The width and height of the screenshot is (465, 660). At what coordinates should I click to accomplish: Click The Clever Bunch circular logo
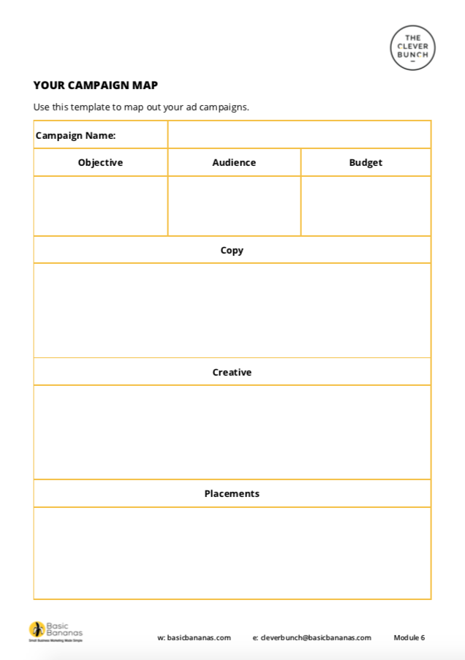coord(412,48)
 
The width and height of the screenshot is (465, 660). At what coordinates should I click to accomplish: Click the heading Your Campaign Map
coord(95,85)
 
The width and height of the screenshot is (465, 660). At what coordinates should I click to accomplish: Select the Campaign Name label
coord(75,135)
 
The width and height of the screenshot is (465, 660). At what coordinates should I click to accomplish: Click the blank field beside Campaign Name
coord(299,135)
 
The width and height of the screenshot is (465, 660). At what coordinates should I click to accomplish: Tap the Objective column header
coord(100,162)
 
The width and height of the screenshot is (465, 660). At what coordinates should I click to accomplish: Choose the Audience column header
coord(234,162)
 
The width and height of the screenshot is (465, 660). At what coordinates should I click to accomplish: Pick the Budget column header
coord(366,162)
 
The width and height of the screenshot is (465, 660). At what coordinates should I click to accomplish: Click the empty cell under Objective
coord(100,206)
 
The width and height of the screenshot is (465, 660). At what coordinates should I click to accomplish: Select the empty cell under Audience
coord(234,206)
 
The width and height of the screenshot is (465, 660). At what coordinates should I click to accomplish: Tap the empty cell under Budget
coord(366,206)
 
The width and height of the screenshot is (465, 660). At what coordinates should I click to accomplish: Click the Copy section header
coord(232,250)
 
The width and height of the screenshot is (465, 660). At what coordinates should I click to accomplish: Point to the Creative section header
coord(232,372)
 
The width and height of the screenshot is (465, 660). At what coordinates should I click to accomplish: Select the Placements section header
coord(232,493)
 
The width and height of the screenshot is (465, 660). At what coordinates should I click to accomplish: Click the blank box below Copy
coord(232,311)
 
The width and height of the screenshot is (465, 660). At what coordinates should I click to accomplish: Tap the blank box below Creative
coord(232,432)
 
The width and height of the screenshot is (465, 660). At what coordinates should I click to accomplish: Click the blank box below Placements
coord(232,553)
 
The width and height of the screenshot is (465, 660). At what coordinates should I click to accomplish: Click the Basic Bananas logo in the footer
coord(56,631)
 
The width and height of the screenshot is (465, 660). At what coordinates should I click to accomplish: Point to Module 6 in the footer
coord(409,637)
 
